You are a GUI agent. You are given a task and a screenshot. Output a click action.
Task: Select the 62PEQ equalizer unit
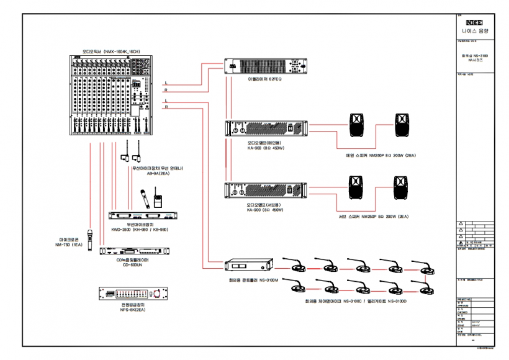[266, 67]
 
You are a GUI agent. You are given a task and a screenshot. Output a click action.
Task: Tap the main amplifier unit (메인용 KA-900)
[266, 129]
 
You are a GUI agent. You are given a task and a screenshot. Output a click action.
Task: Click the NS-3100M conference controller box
[246, 267]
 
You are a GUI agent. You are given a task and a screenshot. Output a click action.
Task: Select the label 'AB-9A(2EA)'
[158, 174]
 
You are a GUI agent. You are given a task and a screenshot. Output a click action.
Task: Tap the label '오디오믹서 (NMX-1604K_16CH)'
[109, 52]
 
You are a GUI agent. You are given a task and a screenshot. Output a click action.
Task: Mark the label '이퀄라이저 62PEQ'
[268, 80]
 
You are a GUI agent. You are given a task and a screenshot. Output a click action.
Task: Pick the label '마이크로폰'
[68, 239]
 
